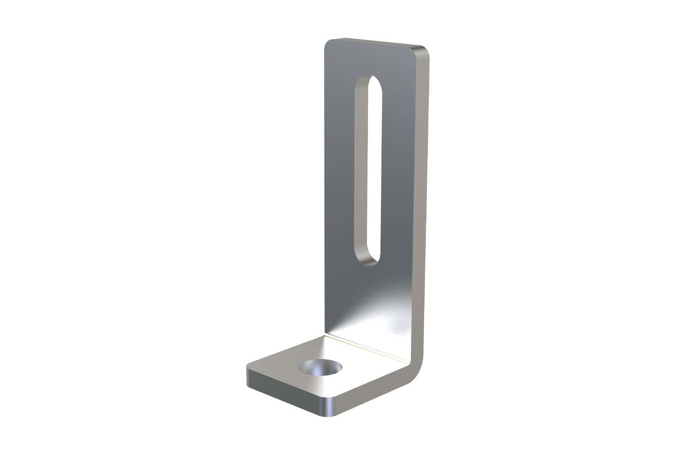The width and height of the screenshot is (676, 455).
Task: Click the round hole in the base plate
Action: click(320, 368)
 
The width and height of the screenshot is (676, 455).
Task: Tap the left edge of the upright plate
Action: click(325, 193)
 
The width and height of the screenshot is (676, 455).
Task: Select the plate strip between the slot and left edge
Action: click(340, 169)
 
